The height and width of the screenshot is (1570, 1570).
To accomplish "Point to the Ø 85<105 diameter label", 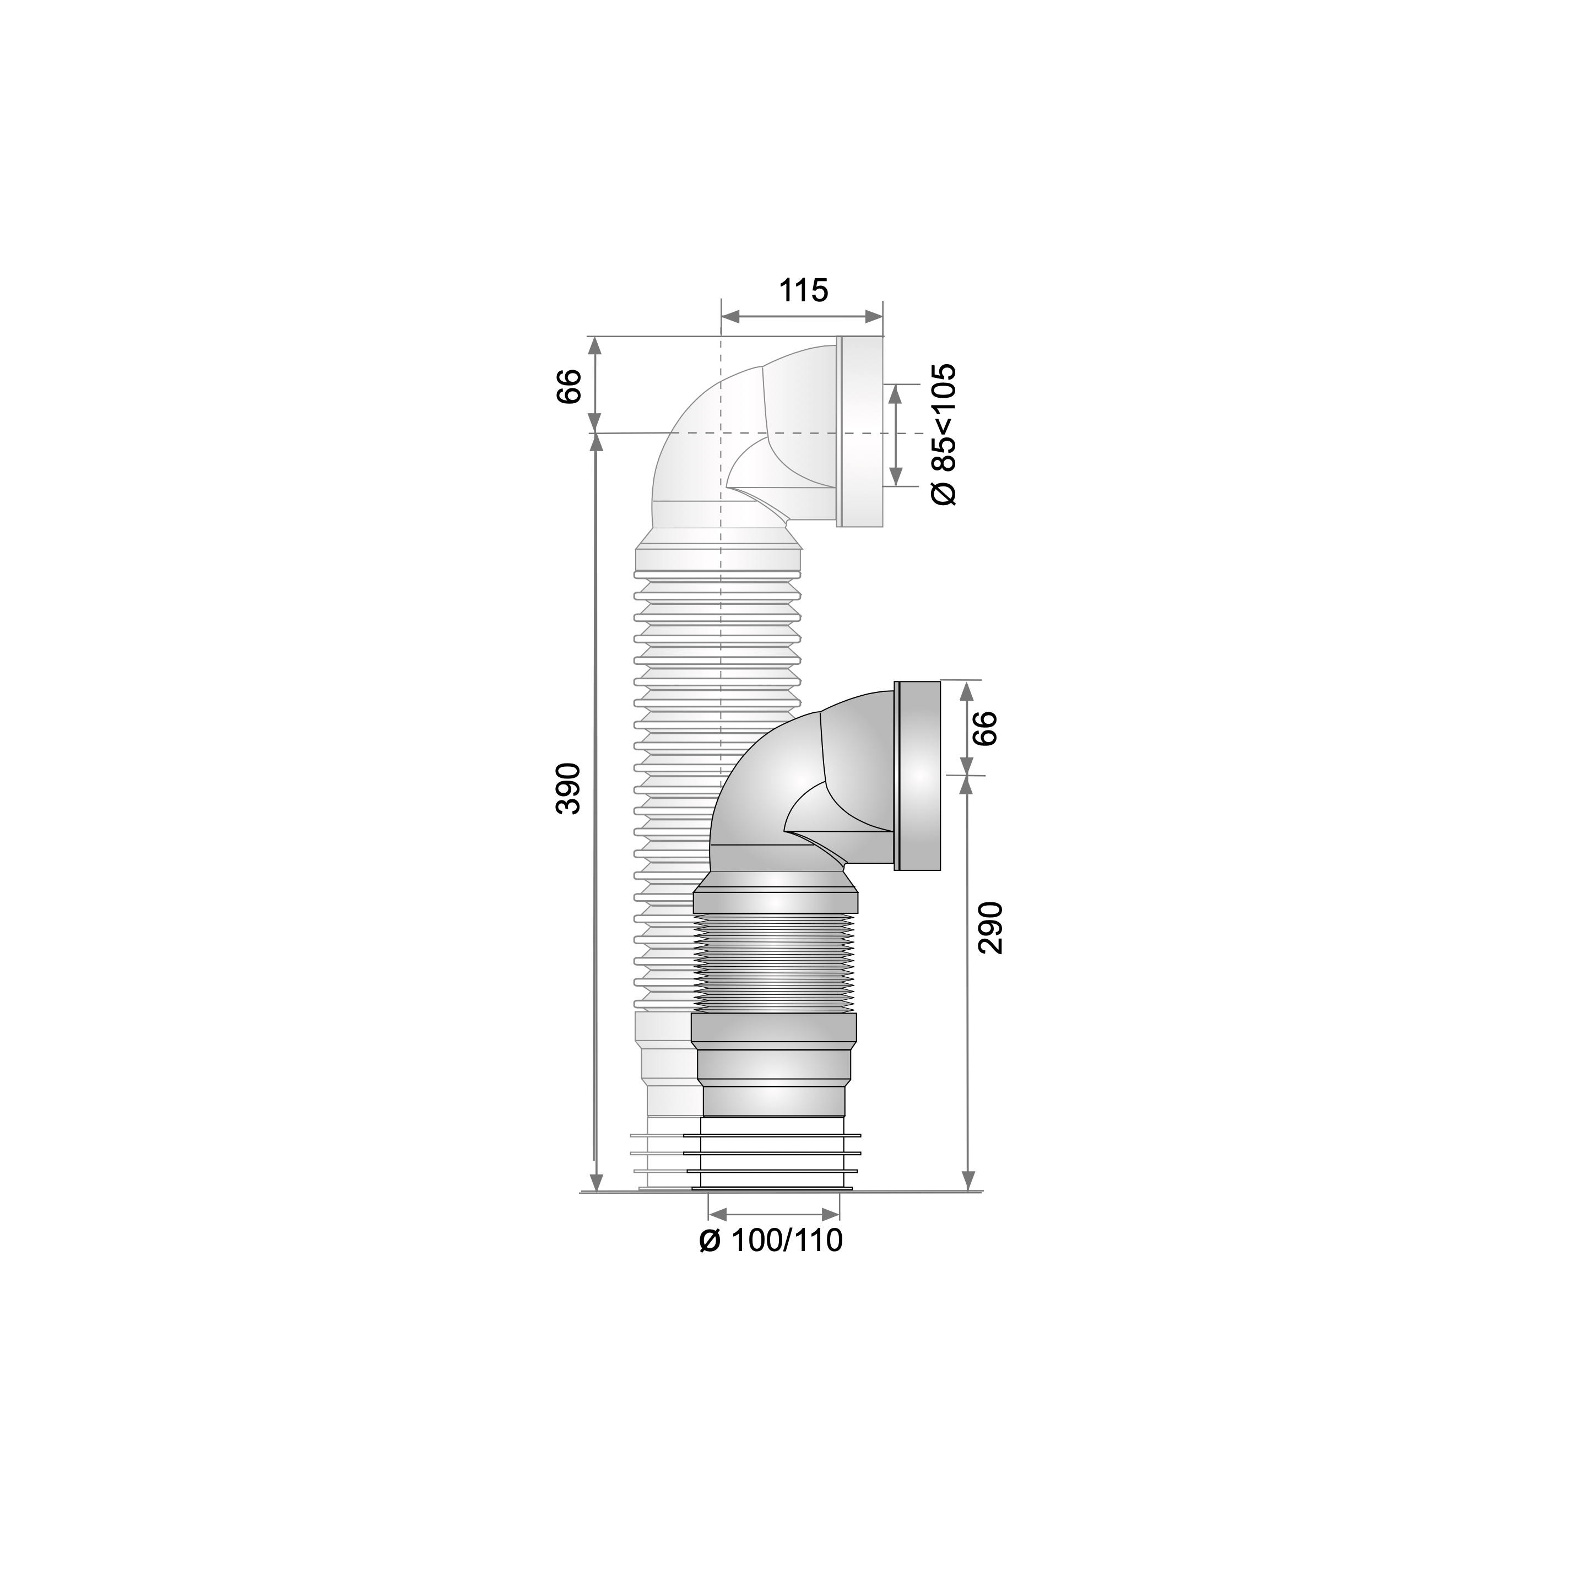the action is pyautogui.click(x=944, y=436).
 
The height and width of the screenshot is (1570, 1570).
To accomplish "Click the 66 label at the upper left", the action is pyautogui.click(x=569, y=386).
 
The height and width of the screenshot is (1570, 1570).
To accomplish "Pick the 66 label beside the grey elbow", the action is pyautogui.click(x=983, y=728).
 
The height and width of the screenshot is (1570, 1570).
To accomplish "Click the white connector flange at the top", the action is pyautogui.click(x=860, y=431).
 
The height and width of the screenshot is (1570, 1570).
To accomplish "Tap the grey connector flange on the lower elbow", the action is pyautogui.click(x=917, y=776).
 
